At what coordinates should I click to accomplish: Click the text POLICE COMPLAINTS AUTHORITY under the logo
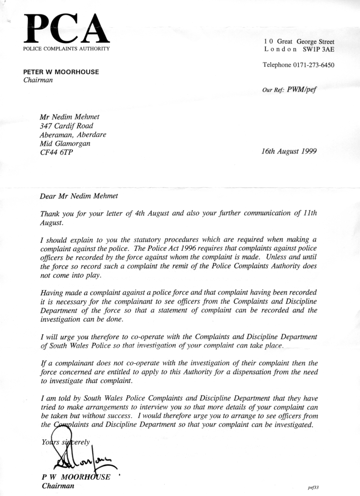(66, 49)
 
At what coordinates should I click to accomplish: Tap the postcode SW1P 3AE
(316, 49)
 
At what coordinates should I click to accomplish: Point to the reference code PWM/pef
(301, 88)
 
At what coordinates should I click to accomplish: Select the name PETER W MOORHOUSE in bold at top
(61, 72)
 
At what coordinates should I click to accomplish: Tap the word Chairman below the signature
(58, 486)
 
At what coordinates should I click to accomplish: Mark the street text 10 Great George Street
(299, 42)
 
